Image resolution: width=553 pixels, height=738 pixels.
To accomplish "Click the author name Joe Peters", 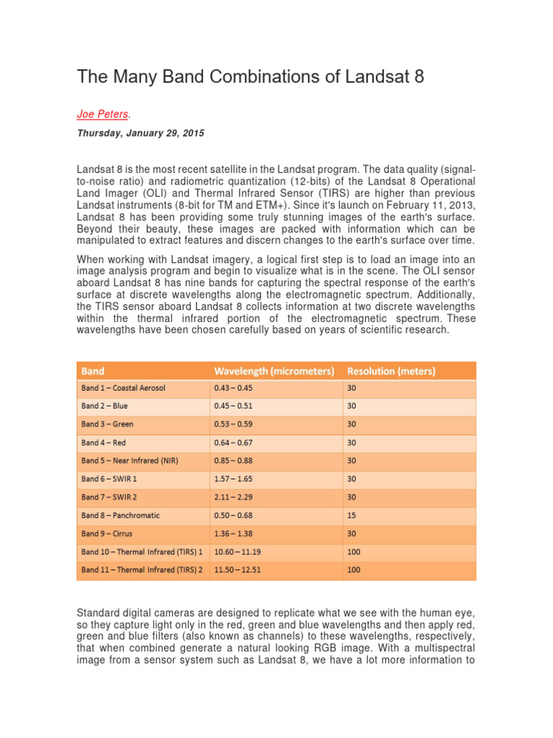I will click(102, 114).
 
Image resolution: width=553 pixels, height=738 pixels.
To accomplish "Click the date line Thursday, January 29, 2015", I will click(140, 133).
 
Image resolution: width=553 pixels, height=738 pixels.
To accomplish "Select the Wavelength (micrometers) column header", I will click(274, 371).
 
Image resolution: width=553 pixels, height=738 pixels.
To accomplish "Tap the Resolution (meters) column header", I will click(391, 371).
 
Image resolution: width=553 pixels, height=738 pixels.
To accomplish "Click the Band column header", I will click(93, 371).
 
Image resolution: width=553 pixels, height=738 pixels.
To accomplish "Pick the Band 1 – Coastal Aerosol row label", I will click(123, 388).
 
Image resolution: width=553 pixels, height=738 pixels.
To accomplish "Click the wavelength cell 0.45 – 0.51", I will click(233, 406).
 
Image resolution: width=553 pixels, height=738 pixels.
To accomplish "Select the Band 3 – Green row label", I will click(107, 424).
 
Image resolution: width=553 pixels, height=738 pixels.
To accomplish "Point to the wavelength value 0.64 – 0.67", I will click(233, 443).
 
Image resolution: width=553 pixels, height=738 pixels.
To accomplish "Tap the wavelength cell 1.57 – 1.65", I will click(233, 479).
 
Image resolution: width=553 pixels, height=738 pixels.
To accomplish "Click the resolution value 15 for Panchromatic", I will click(352, 515).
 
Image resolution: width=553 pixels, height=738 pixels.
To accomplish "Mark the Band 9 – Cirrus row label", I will click(107, 533).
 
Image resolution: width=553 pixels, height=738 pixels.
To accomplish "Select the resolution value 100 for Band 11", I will click(354, 570).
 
